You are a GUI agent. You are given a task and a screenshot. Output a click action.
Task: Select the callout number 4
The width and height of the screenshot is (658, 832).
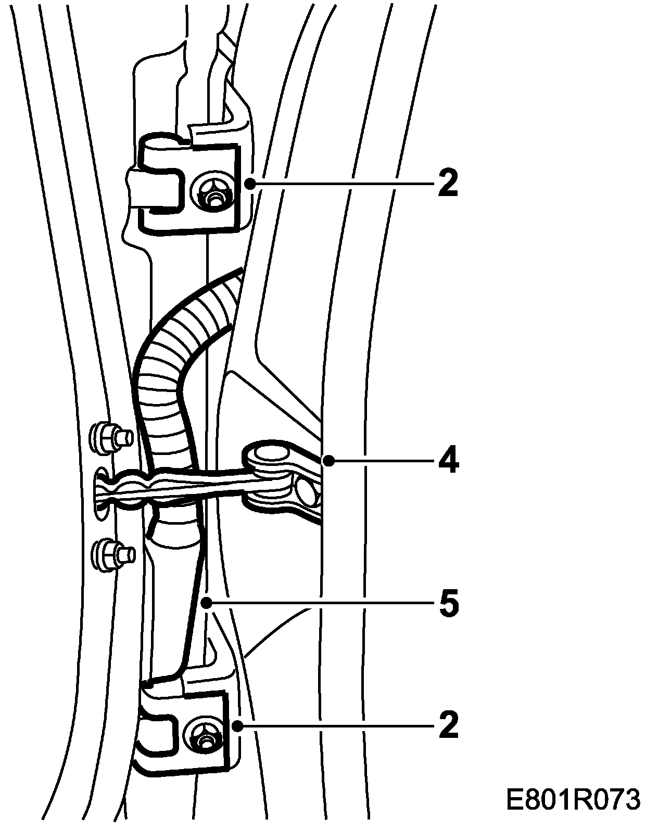[x=448, y=460]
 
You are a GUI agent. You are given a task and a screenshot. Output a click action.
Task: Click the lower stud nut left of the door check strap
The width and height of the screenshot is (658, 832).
[x=108, y=556]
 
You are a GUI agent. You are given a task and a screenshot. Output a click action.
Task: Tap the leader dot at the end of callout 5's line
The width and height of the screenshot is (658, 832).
[x=207, y=604]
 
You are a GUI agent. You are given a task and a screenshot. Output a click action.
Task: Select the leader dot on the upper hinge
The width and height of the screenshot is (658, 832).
[x=250, y=183]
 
